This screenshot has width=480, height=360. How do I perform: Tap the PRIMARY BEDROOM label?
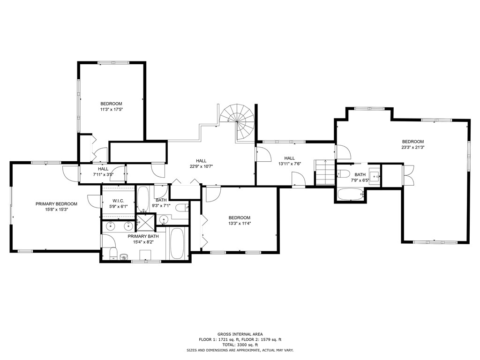[56, 204]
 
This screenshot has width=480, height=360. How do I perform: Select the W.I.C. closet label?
[118, 201]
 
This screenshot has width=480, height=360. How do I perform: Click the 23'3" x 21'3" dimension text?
[413, 147]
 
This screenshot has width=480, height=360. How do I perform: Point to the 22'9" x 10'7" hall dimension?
[202, 166]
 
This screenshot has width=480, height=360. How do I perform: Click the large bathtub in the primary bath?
[177, 243]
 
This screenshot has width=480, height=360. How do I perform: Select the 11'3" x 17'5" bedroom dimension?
[111, 110]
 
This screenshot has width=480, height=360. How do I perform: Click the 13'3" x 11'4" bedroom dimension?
[240, 224]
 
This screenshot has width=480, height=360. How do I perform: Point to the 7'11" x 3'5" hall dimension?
[103, 175]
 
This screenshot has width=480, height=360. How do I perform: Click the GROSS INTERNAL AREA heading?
[240, 334]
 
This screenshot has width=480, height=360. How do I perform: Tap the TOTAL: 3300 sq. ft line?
[240, 345]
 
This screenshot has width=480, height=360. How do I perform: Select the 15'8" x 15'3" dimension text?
[56, 210]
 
